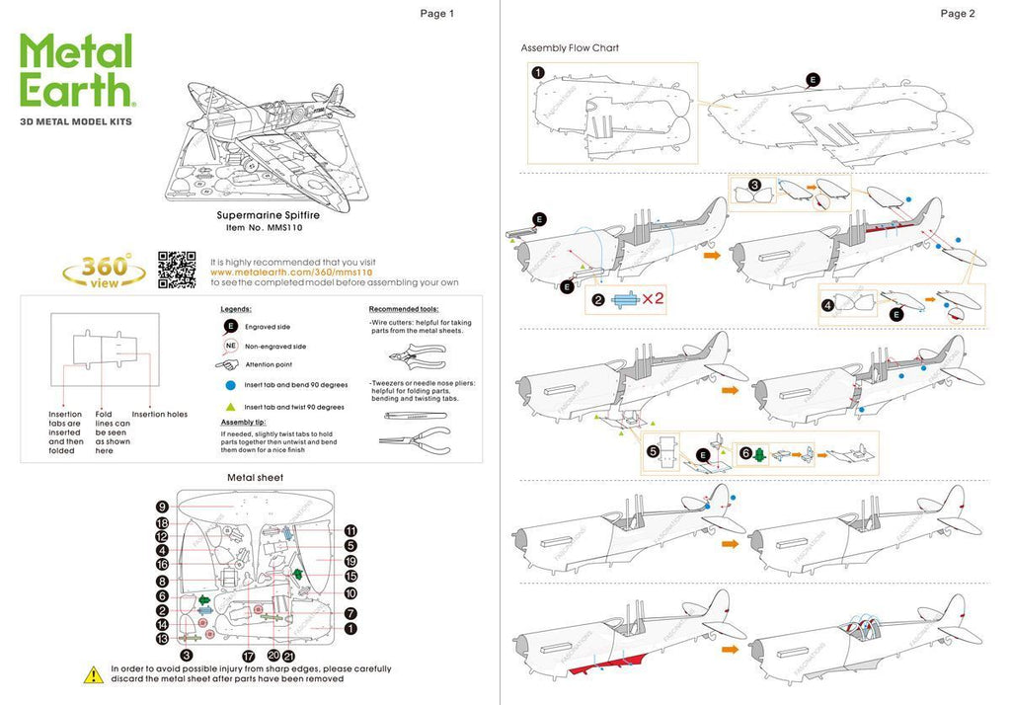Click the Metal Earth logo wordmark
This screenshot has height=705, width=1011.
pyautogui.click(x=76, y=70)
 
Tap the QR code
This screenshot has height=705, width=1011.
pyautogui.click(x=177, y=270)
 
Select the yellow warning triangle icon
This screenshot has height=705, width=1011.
pyautogui.click(x=92, y=674)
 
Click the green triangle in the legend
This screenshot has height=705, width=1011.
pyautogui.click(x=230, y=407)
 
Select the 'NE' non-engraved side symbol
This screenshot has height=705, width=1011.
pyautogui.click(x=230, y=347)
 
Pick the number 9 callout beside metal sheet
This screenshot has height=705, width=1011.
pyautogui.click(x=162, y=507)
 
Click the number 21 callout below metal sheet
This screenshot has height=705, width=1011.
pyautogui.click(x=288, y=656)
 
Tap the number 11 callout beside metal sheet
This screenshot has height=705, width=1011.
pyautogui.click(x=350, y=530)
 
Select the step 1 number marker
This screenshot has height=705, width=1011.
pyautogui.click(x=537, y=72)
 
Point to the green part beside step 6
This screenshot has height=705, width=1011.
pyautogui.click(x=759, y=455)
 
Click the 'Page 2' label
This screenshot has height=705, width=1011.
pyautogui.click(x=958, y=14)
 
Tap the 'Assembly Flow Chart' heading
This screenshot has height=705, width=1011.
pyautogui.click(x=570, y=47)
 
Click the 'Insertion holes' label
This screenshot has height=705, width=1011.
pyautogui.click(x=162, y=414)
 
